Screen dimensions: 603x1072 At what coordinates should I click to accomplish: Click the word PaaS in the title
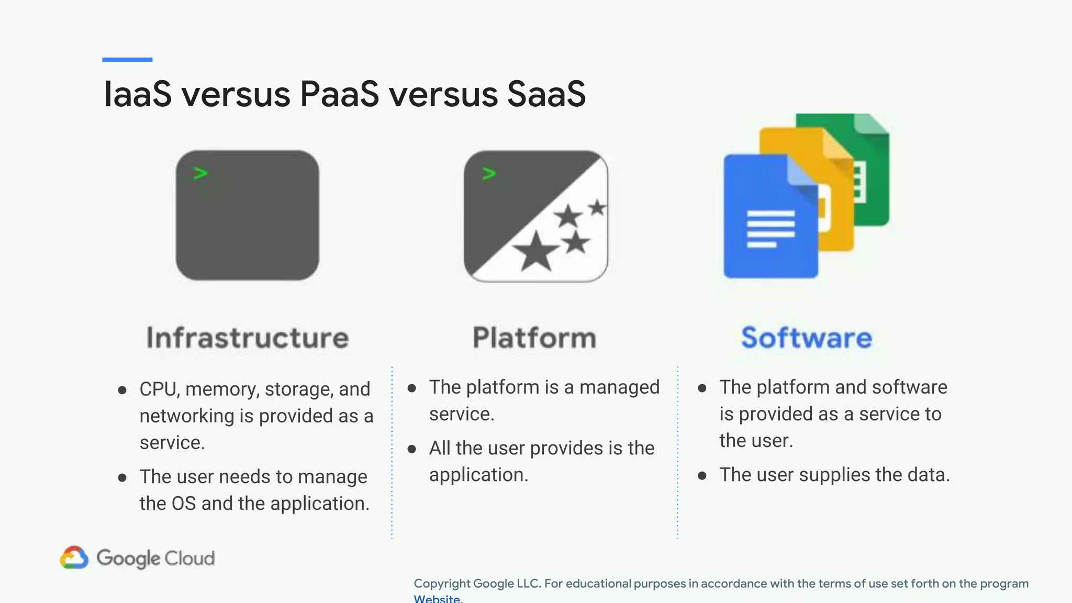point(339,94)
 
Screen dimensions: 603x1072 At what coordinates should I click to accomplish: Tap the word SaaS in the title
point(546,94)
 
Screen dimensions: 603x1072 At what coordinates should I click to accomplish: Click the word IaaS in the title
point(138,94)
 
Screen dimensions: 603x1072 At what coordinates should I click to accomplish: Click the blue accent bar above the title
point(127,60)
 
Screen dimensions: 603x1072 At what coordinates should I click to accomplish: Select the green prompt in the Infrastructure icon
point(200,173)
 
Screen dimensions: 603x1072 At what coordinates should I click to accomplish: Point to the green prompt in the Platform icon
point(489,174)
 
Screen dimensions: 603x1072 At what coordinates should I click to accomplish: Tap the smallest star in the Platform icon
point(597,208)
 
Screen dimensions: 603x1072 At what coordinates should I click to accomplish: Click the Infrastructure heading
point(247,338)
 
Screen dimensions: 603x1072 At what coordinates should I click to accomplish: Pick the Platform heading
point(534,338)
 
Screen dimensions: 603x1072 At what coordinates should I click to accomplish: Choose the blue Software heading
point(807,338)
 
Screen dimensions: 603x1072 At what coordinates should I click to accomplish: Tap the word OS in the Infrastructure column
point(183,504)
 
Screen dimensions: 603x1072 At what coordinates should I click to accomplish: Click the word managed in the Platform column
point(619,387)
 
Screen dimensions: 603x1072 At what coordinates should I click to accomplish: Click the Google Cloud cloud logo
point(74,558)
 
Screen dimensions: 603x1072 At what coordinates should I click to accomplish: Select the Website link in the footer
point(437,598)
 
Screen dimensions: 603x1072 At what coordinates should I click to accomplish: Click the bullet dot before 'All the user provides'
point(412,449)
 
